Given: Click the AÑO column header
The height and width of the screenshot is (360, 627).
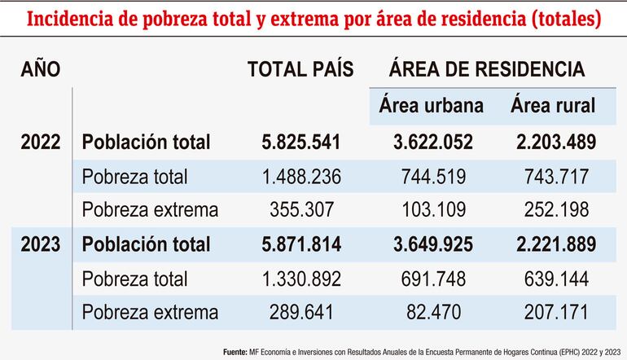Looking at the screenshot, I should tap(40, 70).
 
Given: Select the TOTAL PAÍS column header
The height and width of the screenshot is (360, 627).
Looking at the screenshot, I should tap(300, 70).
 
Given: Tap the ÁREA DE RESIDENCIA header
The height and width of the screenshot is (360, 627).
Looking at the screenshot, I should tap(487, 70).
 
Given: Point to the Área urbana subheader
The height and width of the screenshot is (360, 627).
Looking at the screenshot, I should tap(431, 106).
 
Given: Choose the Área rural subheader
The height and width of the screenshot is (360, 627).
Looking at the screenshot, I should tap(553, 106).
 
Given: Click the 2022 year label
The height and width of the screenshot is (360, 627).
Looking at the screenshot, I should tap(41, 142).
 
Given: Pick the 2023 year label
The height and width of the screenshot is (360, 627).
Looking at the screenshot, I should tap(41, 244).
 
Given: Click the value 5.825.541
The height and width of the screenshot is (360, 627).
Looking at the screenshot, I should tap(300, 142).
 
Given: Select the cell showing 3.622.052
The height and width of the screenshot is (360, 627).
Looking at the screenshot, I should tap(432, 142).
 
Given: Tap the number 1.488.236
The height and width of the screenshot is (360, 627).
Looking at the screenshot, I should tap(300, 176).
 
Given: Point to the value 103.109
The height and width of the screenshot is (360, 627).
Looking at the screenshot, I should tap(432, 209).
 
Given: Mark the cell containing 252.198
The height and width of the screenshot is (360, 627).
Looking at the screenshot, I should tap(554, 209).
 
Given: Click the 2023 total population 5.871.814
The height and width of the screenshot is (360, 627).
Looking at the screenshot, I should tap(300, 244).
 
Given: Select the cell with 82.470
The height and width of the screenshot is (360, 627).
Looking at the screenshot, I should tap(432, 311).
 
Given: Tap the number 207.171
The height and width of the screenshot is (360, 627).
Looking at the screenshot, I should tap(554, 311).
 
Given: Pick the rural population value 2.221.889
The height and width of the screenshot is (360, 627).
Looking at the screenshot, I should tap(554, 244).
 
